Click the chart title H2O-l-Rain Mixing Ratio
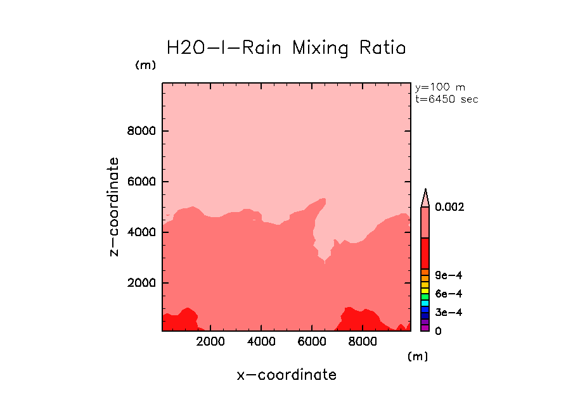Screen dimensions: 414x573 286,48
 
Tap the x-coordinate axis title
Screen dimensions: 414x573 286,375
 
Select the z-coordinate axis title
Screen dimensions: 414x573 115,206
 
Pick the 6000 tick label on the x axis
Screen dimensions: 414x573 311,342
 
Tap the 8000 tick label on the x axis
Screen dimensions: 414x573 361,342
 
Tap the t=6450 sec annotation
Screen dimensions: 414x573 446,99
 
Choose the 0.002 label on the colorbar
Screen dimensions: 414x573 449,207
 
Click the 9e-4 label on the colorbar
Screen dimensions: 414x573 448,275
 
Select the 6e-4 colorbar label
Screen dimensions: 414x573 448,294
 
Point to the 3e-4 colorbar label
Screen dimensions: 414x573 448,313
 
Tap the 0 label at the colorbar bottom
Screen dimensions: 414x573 438,331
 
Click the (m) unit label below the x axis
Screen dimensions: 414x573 417,356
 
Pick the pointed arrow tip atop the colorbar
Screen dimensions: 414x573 425,191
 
